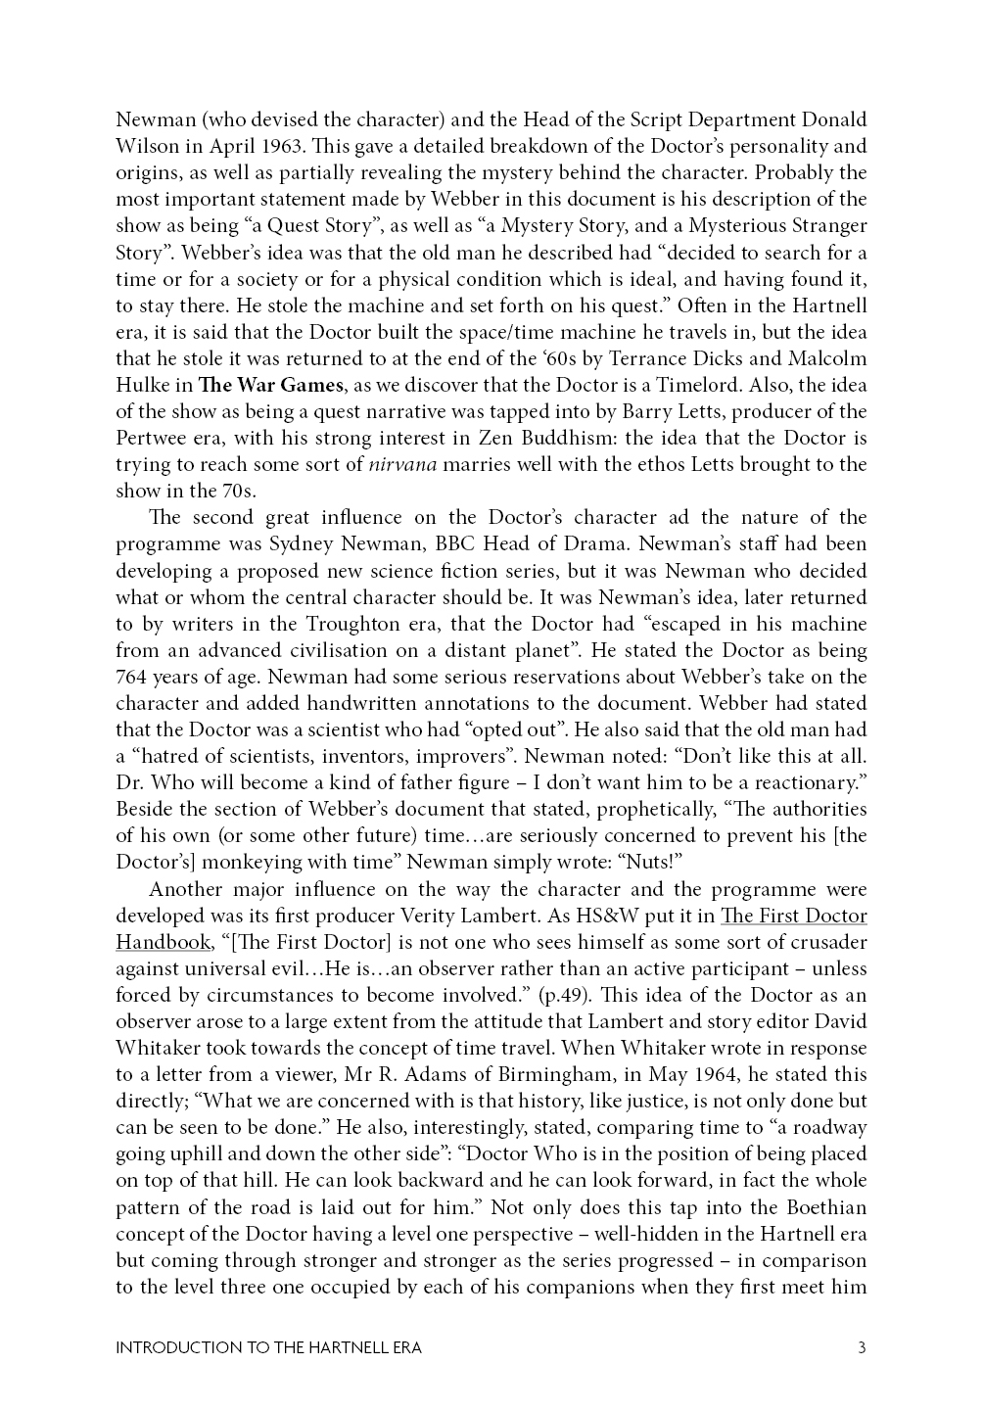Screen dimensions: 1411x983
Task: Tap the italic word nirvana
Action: [x=401, y=464]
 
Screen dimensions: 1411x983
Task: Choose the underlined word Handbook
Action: [x=162, y=942]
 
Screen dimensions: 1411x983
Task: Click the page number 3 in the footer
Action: [x=862, y=1347]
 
